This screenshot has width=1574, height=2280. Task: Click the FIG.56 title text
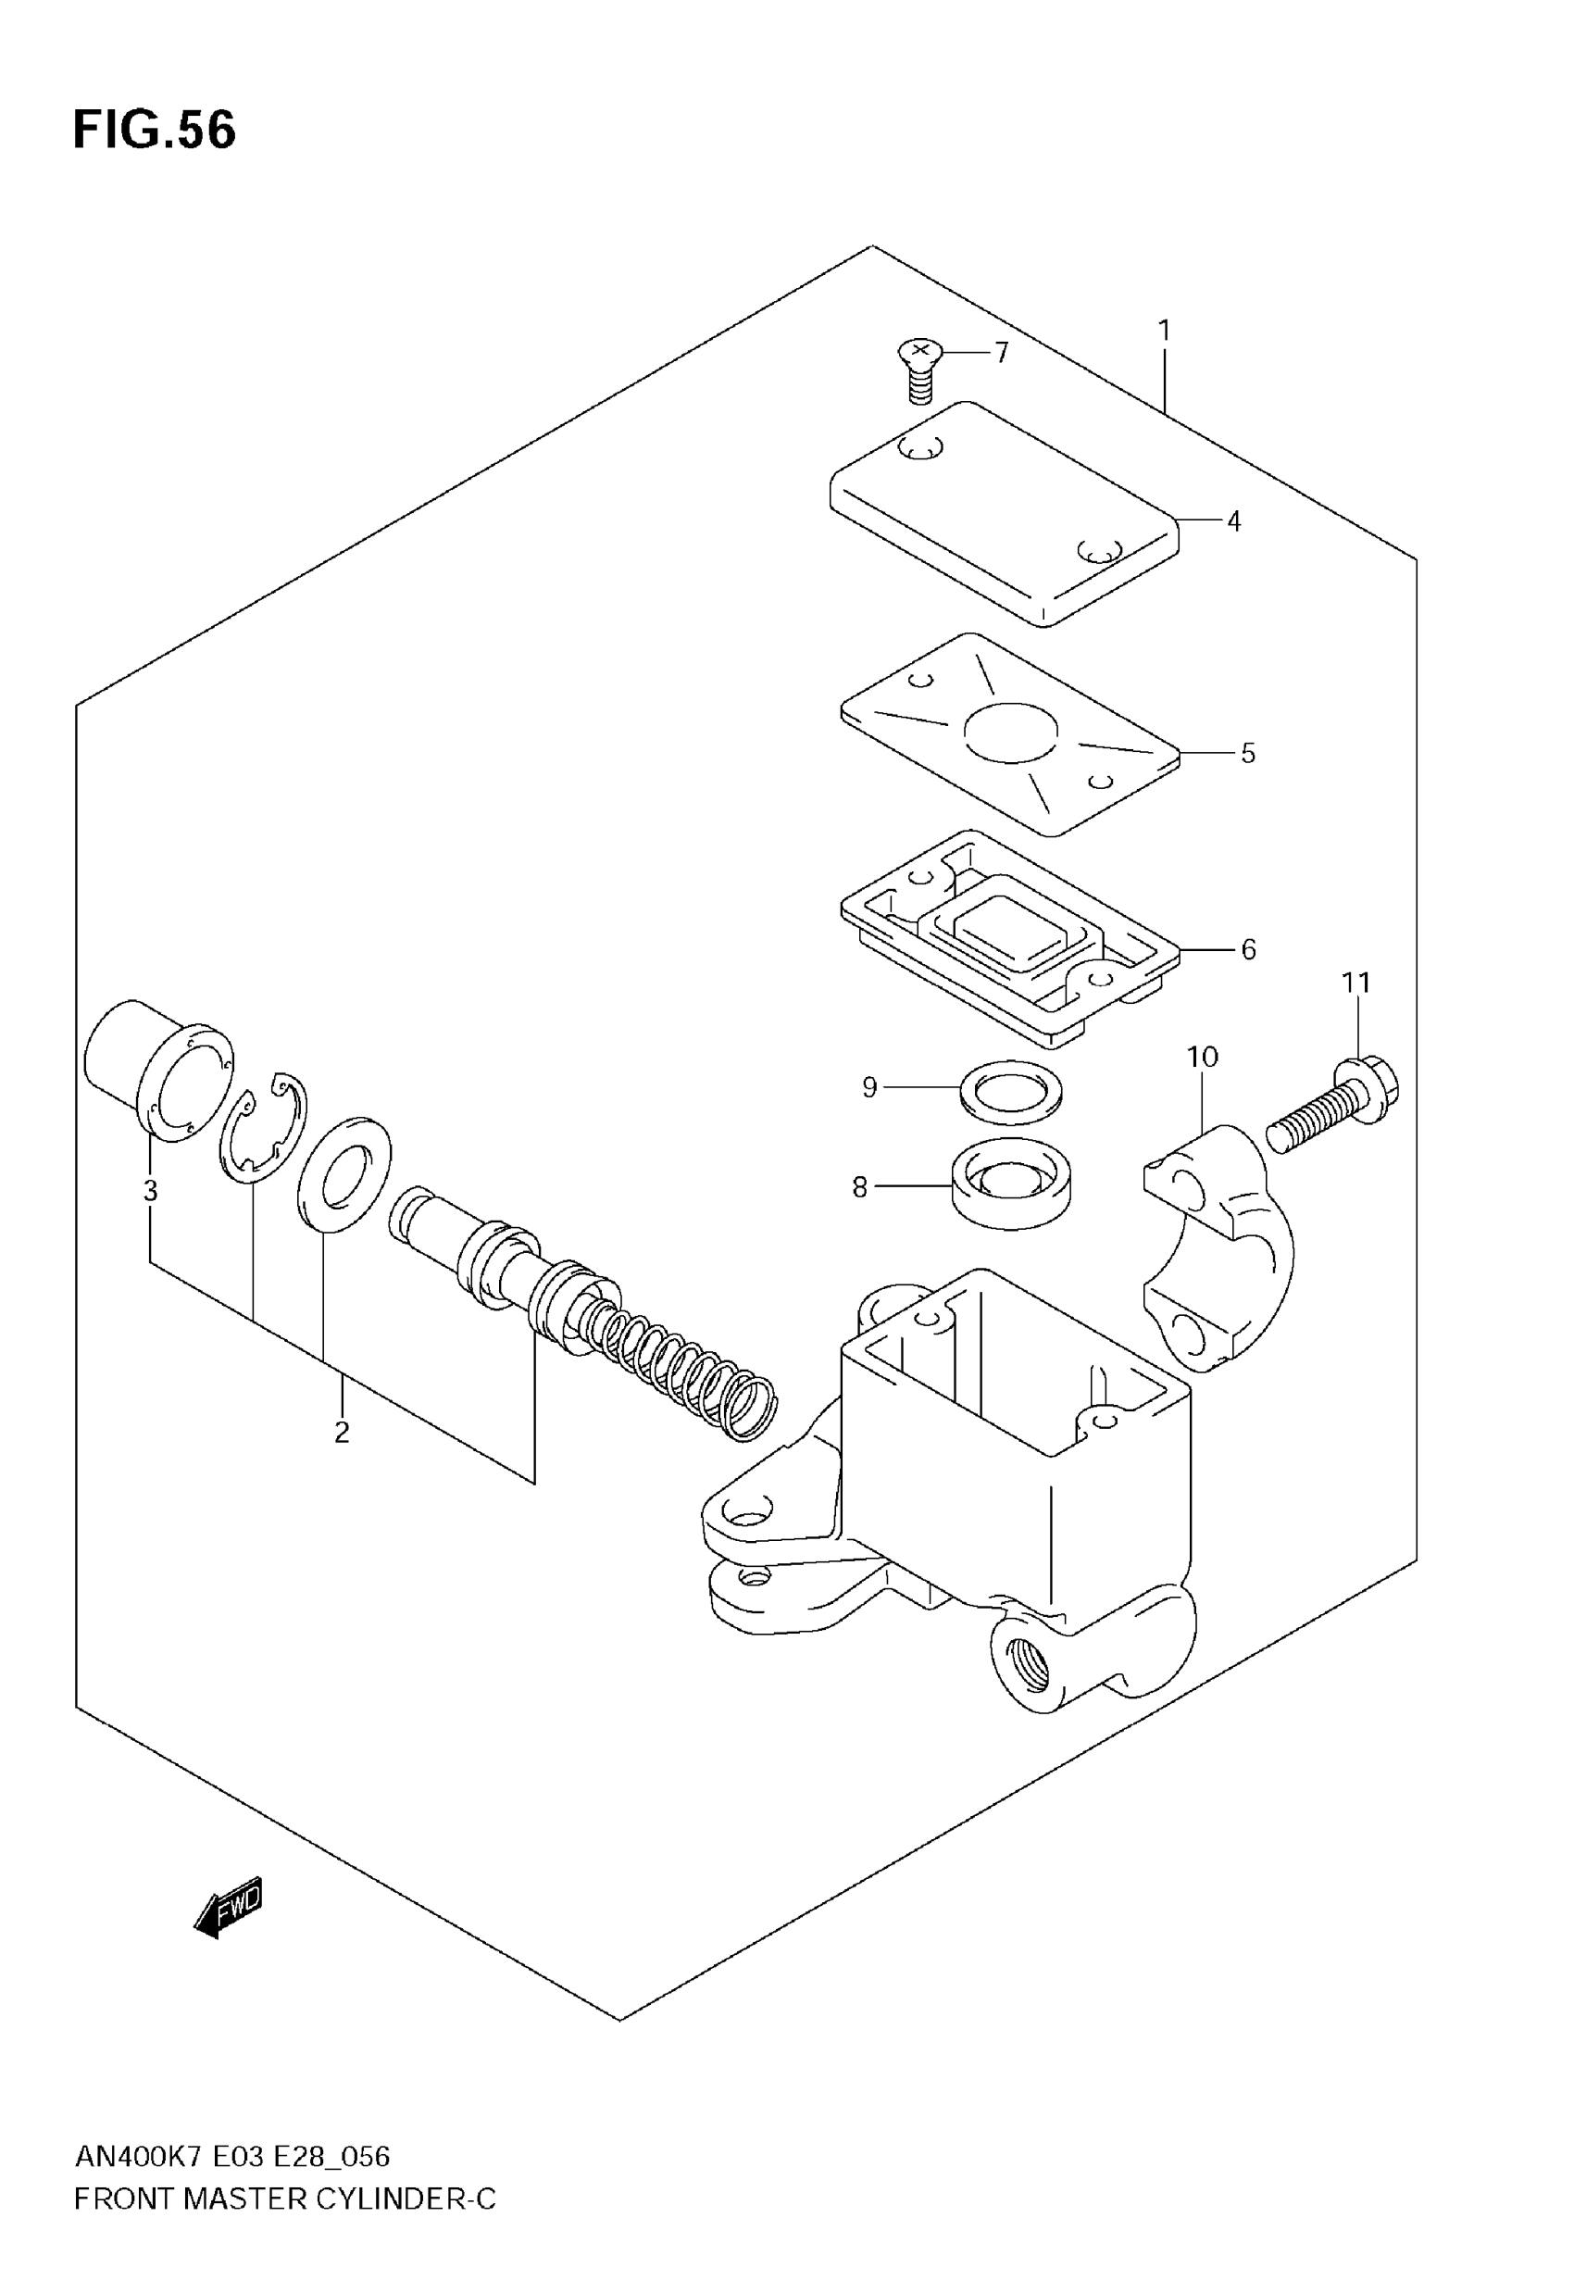tap(155, 131)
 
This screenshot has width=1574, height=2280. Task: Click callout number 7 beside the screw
tap(1002, 352)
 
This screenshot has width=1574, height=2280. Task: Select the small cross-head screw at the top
tap(920, 369)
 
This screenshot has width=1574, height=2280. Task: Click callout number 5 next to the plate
tap(1247, 754)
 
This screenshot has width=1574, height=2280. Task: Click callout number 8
tap(860, 1187)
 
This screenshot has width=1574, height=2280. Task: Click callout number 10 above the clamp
tap(1202, 1058)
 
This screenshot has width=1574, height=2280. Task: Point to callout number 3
tap(150, 1191)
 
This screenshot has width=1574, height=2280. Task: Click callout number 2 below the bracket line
tap(342, 1432)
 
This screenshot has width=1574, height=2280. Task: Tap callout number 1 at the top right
tap(1164, 331)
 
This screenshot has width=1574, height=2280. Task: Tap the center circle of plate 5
tap(1011, 733)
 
